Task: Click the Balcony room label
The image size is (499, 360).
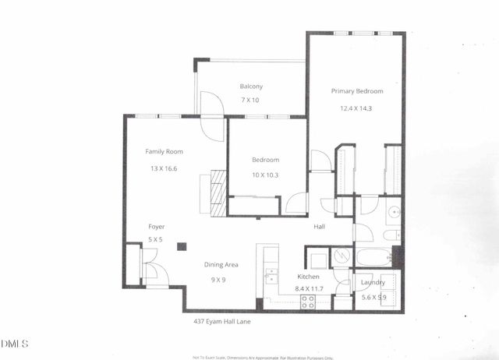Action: point(251,86)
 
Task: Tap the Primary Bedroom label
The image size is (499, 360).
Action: point(356,91)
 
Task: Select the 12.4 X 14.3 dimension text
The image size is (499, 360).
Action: point(356,108)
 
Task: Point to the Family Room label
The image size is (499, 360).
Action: point(164,151)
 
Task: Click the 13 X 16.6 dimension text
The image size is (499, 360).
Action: point(164,168)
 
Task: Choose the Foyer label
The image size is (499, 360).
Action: point(157,227)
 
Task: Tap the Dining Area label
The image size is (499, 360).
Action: point(221,265)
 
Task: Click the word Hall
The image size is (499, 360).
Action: point(320,227)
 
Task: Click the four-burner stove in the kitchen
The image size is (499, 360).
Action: point(307,303)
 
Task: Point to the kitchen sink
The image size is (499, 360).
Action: point(271,277)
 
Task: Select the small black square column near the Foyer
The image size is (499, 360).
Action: point(181,247)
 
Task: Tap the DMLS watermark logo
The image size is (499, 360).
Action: point(15,344)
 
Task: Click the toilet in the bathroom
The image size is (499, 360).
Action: point(392,234)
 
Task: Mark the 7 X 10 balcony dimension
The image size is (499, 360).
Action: point(249,101)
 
